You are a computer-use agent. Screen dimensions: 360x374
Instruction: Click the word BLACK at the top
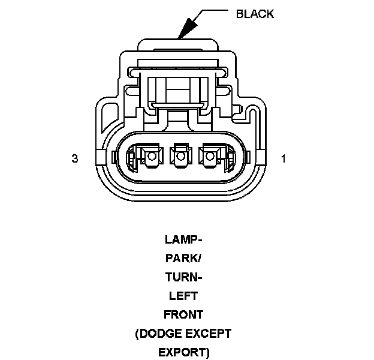255,14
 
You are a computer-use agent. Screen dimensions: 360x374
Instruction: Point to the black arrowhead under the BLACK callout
188,29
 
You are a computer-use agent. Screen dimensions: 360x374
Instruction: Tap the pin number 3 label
75,158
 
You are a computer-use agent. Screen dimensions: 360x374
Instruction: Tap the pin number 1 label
283,158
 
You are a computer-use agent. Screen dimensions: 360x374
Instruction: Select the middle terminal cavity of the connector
180,157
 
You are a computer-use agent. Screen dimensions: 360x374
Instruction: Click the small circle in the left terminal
151,157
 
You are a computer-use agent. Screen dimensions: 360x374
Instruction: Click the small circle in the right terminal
209,157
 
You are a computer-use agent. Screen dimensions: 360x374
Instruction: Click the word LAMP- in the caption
183,240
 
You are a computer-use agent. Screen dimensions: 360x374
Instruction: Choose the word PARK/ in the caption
183,259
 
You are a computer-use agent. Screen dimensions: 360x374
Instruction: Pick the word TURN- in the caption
183,277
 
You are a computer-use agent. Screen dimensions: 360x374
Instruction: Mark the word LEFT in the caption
183,296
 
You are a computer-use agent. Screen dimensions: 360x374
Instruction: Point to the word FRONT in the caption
183,314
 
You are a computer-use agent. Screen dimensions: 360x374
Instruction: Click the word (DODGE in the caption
157,334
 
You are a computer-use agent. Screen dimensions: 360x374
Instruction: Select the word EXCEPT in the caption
207,334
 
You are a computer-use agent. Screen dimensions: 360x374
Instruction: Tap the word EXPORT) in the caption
183,352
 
